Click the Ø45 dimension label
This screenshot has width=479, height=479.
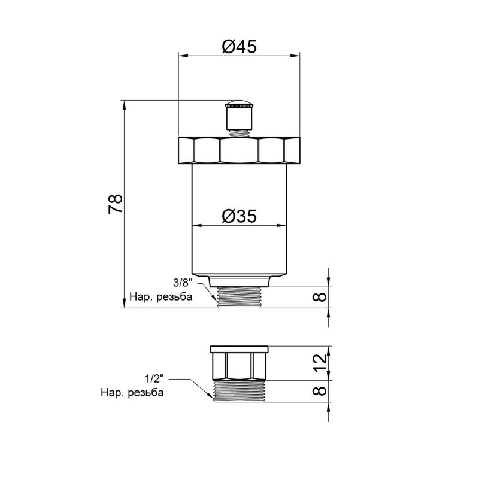pyautogui.click(x=239, y=46)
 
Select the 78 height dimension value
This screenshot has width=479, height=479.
pyautogui.click(x=116, y=204)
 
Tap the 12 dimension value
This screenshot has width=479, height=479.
pyautogui.click(x=321, y=362)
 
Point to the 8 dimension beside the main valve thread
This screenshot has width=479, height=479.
pyautogui.click(x=321, y=297)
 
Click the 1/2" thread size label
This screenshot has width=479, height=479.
pyautogui.click(x=154, y=380)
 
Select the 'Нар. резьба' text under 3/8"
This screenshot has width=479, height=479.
pyautogui.click(x=161, y=297)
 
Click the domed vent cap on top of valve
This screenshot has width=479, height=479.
pyautogui.click(x=239, y=103)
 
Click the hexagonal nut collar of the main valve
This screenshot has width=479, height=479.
pyautogui.click(x=239, y=151)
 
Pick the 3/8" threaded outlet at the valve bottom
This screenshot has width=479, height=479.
pyautogui.click(x=239, y=297)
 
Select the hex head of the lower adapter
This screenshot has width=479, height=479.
pyautogui.click(x=239, y=363)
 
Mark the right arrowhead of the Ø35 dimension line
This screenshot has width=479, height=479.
pyautogui.click(x=281, y=226)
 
